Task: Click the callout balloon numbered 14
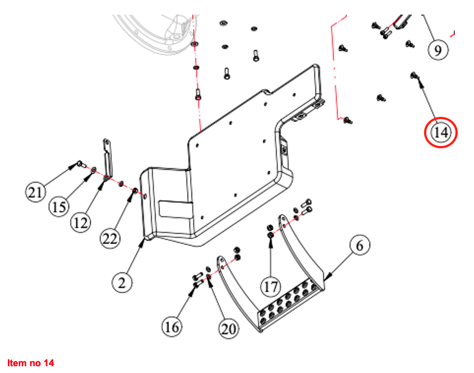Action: (441, 133)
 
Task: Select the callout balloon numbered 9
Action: (437, 49)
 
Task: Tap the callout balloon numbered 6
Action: (360, 245)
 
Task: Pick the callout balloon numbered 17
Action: (271, 287)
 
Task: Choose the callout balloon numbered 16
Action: (172, 326)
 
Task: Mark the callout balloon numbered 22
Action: (110, 239)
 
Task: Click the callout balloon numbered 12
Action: (81, 223)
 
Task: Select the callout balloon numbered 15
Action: (59, 207)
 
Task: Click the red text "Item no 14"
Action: (31, 363)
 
